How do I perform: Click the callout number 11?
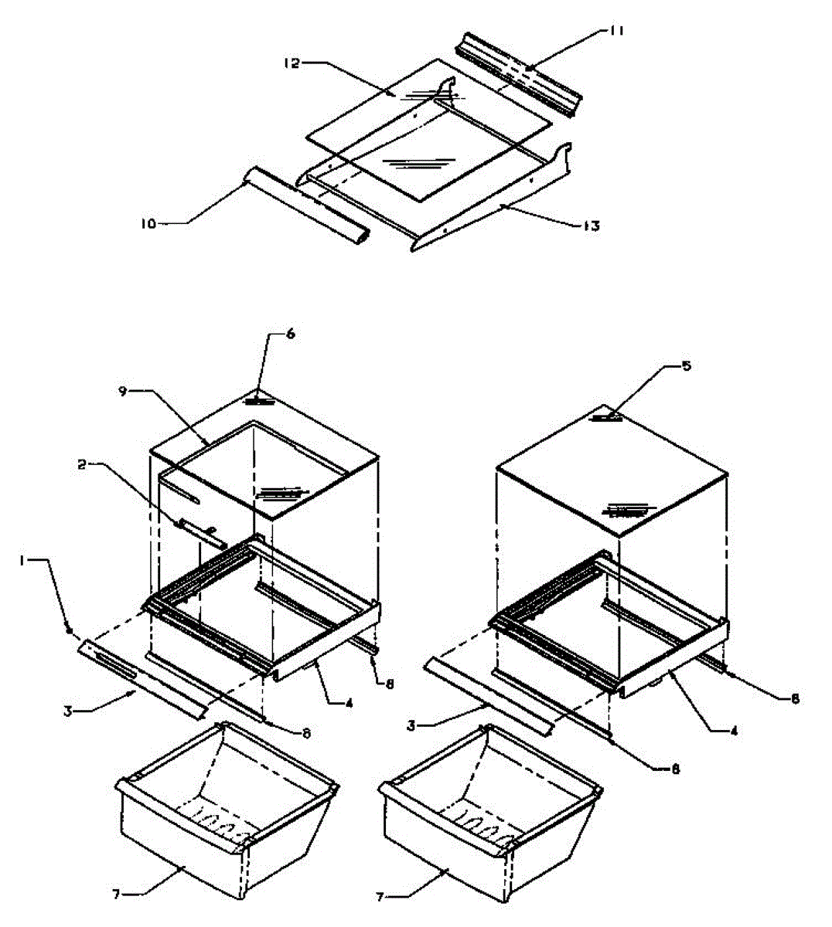(616, 31)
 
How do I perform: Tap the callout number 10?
(148, 223)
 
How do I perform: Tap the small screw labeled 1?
(71, 631)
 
